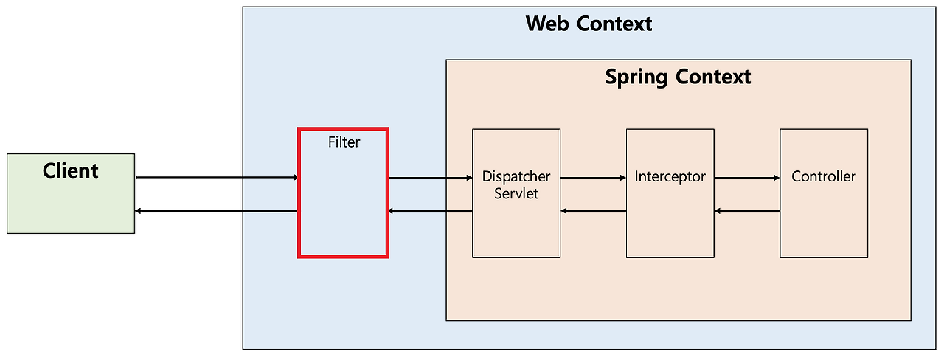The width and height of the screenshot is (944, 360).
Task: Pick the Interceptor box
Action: point(670,221)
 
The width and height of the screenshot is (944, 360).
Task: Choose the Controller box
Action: point(823,221)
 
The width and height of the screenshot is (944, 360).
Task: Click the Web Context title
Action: point(589,24)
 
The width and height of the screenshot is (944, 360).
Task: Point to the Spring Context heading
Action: point(678,77)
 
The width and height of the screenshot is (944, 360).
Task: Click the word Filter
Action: point(344,142)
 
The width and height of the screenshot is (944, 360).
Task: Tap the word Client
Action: point(71,171)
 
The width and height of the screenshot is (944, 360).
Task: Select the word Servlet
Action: point(516,193)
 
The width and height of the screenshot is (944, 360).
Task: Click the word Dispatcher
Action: point(516,177)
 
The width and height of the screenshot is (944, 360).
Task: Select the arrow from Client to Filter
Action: point(217,178)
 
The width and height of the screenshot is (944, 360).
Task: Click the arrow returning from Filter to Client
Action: point(217,212)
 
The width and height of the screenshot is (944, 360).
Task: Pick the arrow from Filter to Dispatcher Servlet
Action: point(430,178)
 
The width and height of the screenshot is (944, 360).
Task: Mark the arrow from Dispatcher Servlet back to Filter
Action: point(430,212)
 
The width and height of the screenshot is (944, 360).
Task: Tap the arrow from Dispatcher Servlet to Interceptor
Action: point(593,178)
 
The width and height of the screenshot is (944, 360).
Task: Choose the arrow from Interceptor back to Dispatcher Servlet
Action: point(593,212)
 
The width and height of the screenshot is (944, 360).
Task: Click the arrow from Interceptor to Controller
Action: point(746,178)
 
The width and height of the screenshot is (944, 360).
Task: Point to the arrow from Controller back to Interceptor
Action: point(746,212)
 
